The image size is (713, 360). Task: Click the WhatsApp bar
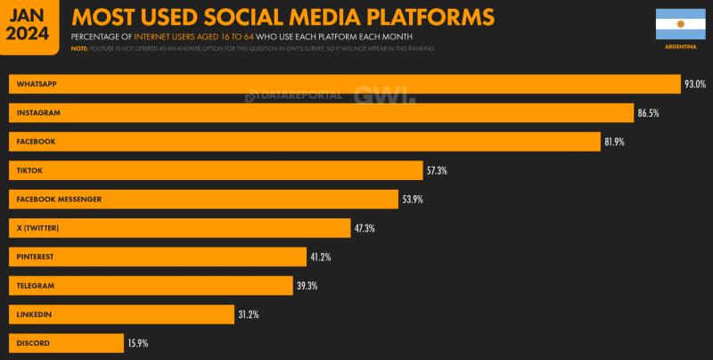point(344,84)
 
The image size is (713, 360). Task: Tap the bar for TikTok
point(216,170)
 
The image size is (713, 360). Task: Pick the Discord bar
point(66,343)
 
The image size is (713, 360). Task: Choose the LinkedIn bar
point(121,315)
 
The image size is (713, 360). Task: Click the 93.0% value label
point(695,85)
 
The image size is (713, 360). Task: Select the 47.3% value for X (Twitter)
point(365,228)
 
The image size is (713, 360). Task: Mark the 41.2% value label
point(321,257)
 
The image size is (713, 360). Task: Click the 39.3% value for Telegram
point(307,286)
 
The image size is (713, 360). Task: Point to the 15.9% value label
point(137,343)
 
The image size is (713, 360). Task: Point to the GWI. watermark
point(383,95)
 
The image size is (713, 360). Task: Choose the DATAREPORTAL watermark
point(294,95)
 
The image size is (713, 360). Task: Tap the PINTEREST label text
point(36,257)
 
